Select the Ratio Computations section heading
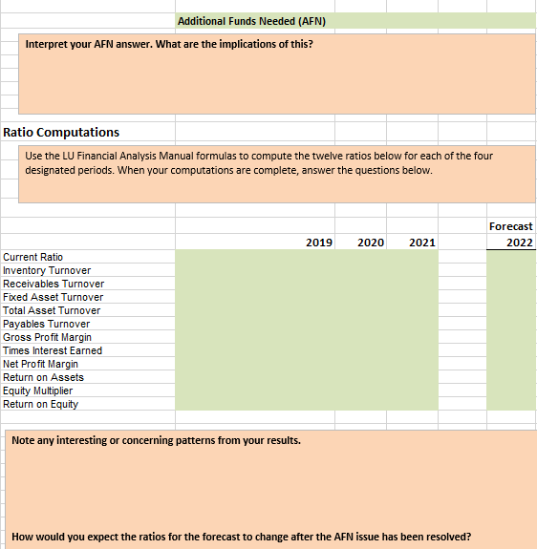62,132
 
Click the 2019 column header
319,243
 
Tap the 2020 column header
371,243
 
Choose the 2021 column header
421,243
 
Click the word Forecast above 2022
510,226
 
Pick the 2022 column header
520,243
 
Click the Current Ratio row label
33,257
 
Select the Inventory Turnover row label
49,270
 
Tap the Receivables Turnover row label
54,284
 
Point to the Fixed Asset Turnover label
54,297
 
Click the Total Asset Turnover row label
53,310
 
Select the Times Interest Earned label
53,350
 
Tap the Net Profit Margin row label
41,364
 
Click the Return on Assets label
44,377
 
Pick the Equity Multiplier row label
38,391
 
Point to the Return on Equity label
41,404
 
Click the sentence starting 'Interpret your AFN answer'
168,45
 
